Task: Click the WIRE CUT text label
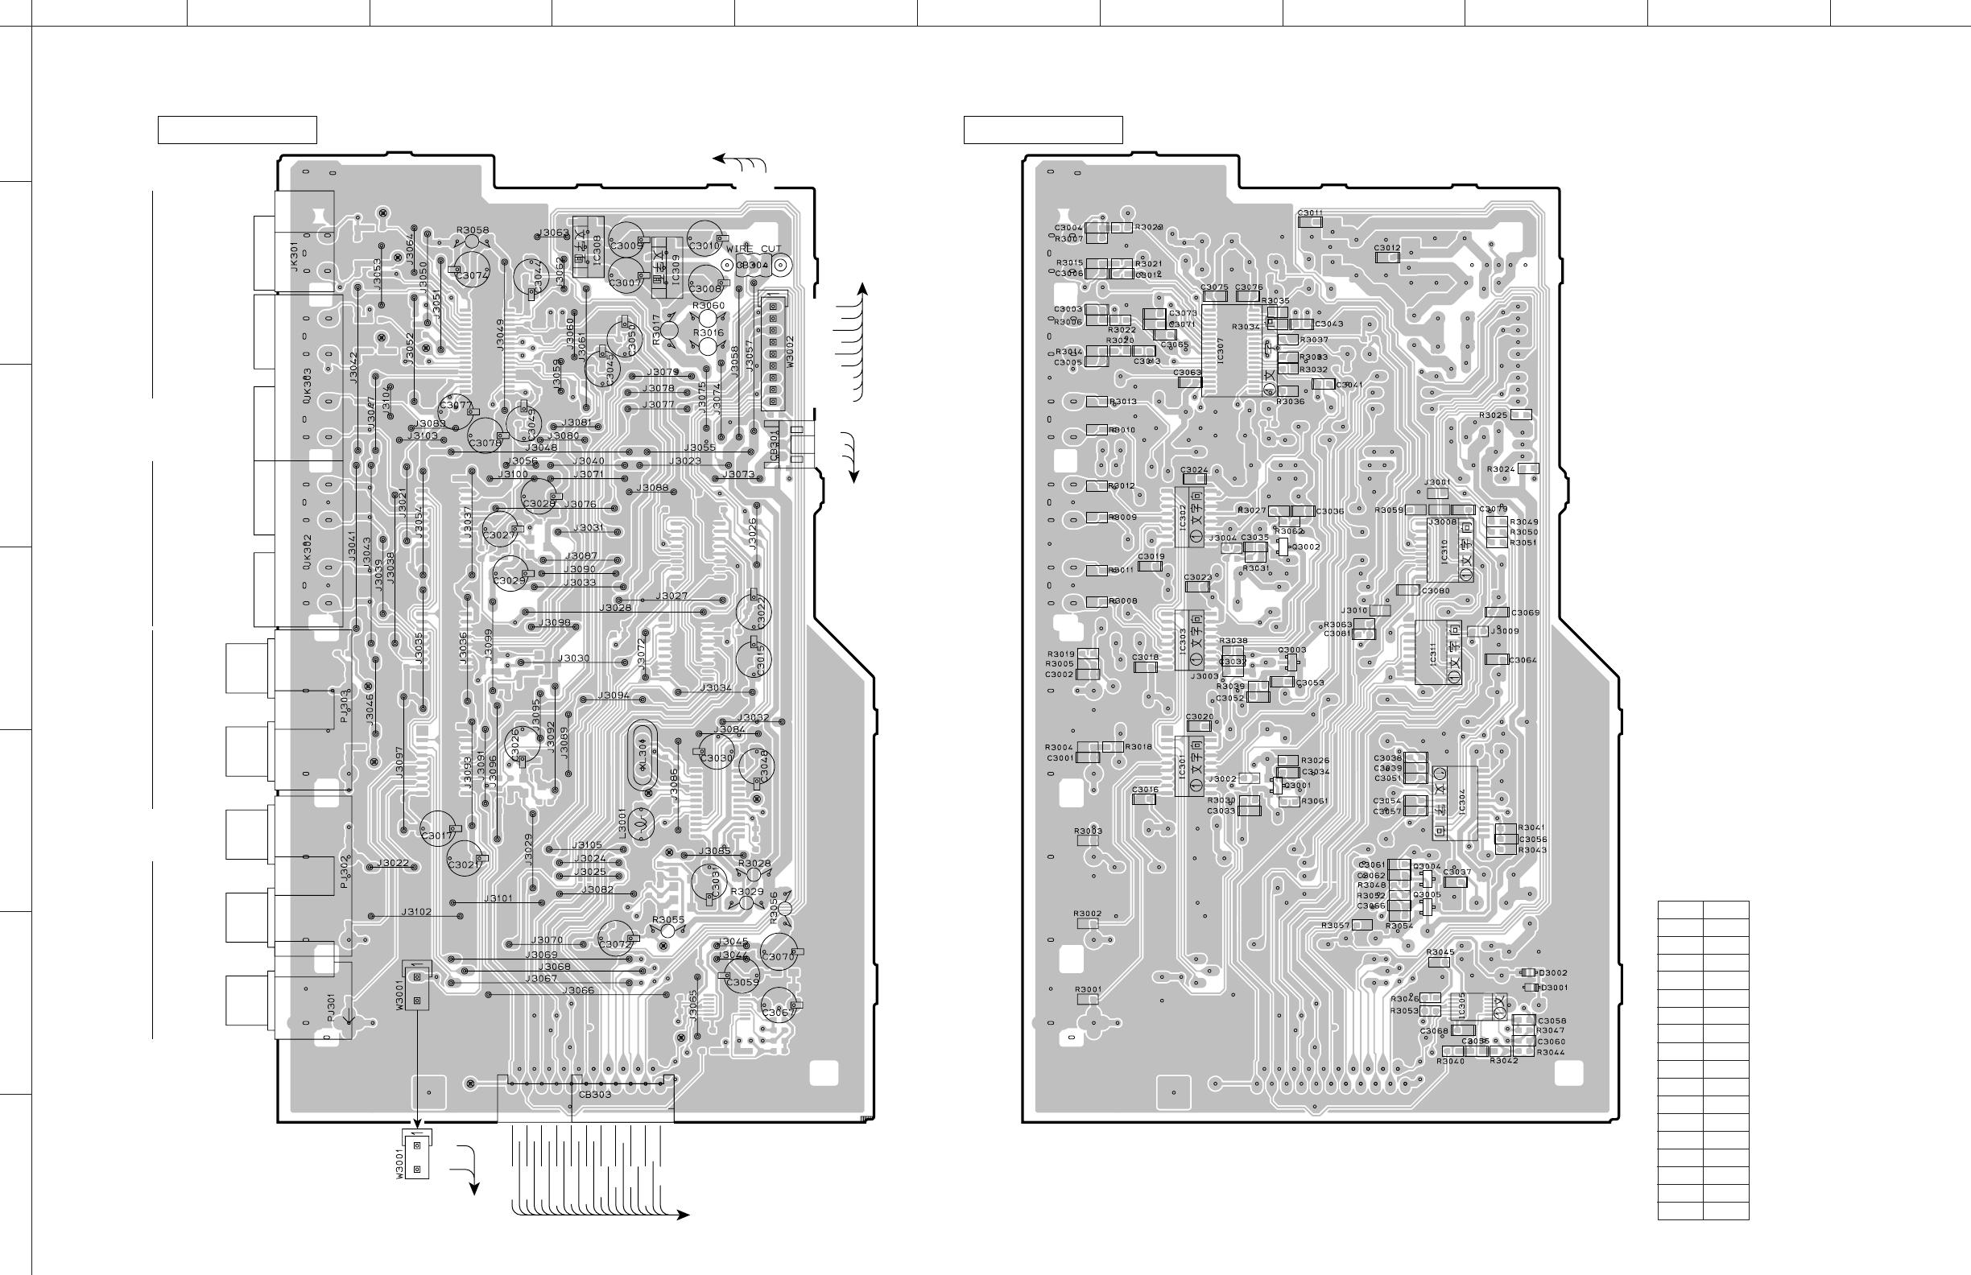tap(754, 249)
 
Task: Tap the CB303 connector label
tap(595, 1095)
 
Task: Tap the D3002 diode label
tap(1553, 973)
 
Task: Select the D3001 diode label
tap(1553, 988)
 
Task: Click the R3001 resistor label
tap(1089, 989)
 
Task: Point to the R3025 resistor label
tap(1494, 415)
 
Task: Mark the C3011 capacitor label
tap(1310, 212)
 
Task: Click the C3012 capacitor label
tap(1387, 248)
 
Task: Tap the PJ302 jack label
tap(344, 873)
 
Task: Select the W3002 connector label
tap(790, 352)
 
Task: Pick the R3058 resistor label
tap(472, 230)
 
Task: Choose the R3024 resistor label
tap(1501, 469)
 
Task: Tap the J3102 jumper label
tap(416, 911)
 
